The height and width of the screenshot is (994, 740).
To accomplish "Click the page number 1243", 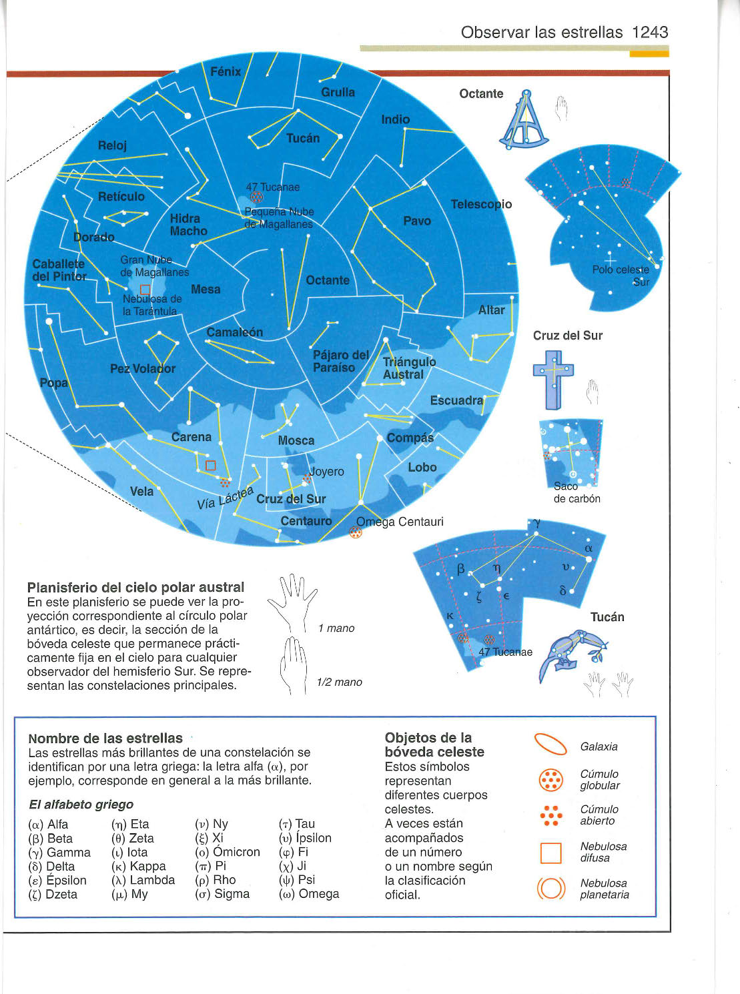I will point(649,32).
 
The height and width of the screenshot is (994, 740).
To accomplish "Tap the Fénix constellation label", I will point(226,71).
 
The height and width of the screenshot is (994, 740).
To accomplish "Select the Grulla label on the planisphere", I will point(338,92).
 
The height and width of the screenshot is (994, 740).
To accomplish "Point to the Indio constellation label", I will point(395,119).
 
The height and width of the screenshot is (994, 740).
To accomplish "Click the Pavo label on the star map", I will point(417,221).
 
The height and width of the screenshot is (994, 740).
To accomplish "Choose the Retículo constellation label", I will point(121,197).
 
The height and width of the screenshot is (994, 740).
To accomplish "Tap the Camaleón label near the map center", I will point(234,332).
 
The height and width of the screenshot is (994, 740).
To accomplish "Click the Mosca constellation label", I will point(296,440).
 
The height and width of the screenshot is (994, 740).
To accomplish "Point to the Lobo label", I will point(422,468).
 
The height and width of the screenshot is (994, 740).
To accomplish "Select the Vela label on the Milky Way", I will point(141,492).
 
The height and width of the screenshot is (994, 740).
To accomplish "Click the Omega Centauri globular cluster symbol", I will point(356,532).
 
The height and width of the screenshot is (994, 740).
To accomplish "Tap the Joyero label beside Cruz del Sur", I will point(328,472).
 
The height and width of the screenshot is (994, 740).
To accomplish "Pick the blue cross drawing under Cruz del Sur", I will point(552,378).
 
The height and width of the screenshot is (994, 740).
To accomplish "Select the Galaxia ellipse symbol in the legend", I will point(550,744).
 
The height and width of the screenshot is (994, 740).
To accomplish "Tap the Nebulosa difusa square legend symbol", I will point(550,853).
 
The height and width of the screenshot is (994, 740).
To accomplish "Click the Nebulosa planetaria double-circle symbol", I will point(550,889).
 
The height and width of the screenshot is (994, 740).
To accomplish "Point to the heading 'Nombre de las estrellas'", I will point(105,738).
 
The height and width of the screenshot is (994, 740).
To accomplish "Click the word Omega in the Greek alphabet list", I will point(318,894).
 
